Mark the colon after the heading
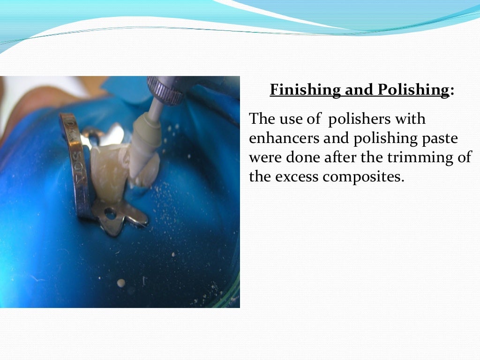point(452,90)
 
